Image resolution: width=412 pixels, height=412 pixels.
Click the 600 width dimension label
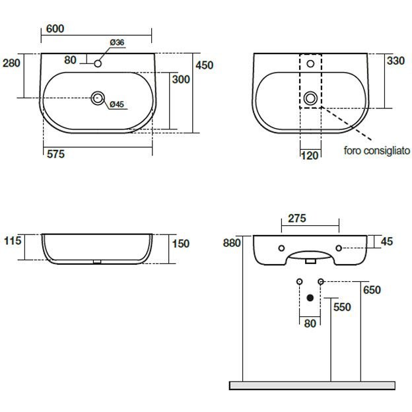click(55, 28)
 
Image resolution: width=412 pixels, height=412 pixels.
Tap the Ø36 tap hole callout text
click(117, 42)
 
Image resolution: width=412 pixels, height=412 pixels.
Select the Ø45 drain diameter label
click(117, 104)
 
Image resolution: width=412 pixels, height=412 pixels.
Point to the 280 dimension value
click(11, 63)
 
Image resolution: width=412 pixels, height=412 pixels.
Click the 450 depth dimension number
click(204, 65)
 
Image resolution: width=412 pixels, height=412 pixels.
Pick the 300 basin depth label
click(181, 79)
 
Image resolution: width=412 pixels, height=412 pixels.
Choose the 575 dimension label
click(55, 154)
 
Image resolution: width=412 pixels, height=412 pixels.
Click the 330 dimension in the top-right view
click(395, 61)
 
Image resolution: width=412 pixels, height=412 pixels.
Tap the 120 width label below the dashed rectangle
click(310, 156)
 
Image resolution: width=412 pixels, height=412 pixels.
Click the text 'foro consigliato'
click(377, 151)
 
